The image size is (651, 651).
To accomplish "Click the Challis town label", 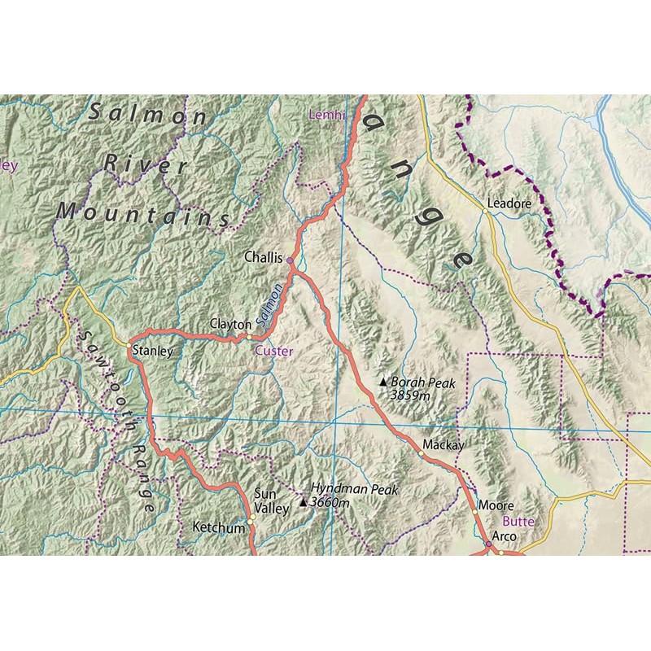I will pos(262,257).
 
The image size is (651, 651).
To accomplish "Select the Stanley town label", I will pos(152,352).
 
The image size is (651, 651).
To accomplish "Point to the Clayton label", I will pos(229,324).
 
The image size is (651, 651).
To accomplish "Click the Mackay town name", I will pos(443,446).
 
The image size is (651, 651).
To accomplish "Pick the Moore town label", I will pos(496,505).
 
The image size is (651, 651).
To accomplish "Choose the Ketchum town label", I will pos(218,528).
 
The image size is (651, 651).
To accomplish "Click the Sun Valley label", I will pos(272,500).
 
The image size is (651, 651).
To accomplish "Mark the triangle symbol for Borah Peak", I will pos(383,381).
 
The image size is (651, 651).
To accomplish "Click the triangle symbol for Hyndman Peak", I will pos(304,502).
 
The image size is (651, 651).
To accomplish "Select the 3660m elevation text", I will pos(330,503).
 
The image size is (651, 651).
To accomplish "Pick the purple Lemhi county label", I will pos(326,116).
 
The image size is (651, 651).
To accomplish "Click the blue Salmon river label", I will pos(272,304).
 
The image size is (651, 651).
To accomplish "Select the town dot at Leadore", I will pos(485,211).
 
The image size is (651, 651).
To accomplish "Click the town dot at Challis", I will pos(290,260).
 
